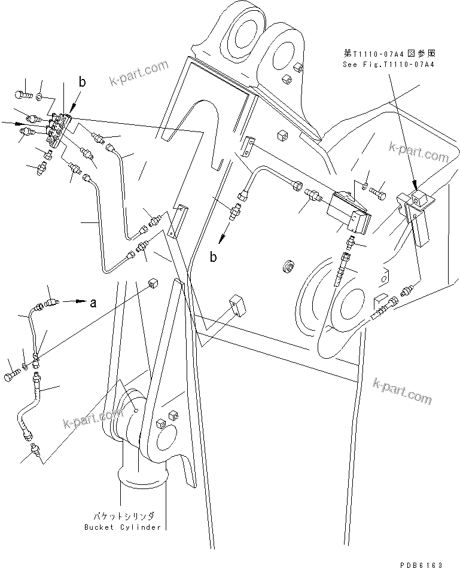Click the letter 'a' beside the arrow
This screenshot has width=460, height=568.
click(93, 303)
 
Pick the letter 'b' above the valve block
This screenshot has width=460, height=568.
click(83, 81)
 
